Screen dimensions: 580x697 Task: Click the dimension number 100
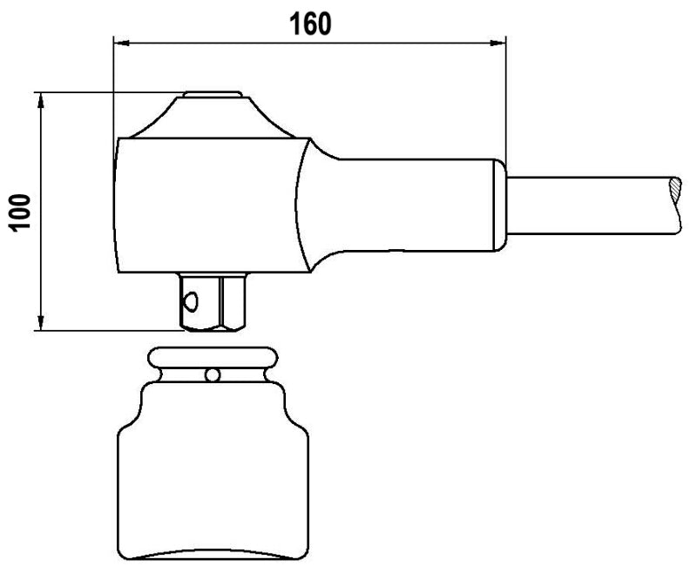click(19, 212)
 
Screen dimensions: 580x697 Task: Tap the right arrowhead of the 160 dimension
click(498, 41)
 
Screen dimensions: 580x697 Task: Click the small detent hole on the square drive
click(190, 301)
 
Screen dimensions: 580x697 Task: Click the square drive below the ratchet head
click(213, 300)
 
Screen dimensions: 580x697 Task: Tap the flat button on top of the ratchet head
click(212, 94)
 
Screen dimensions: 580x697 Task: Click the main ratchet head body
click(205, 205)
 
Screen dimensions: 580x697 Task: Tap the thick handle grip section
click(409, 206)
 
